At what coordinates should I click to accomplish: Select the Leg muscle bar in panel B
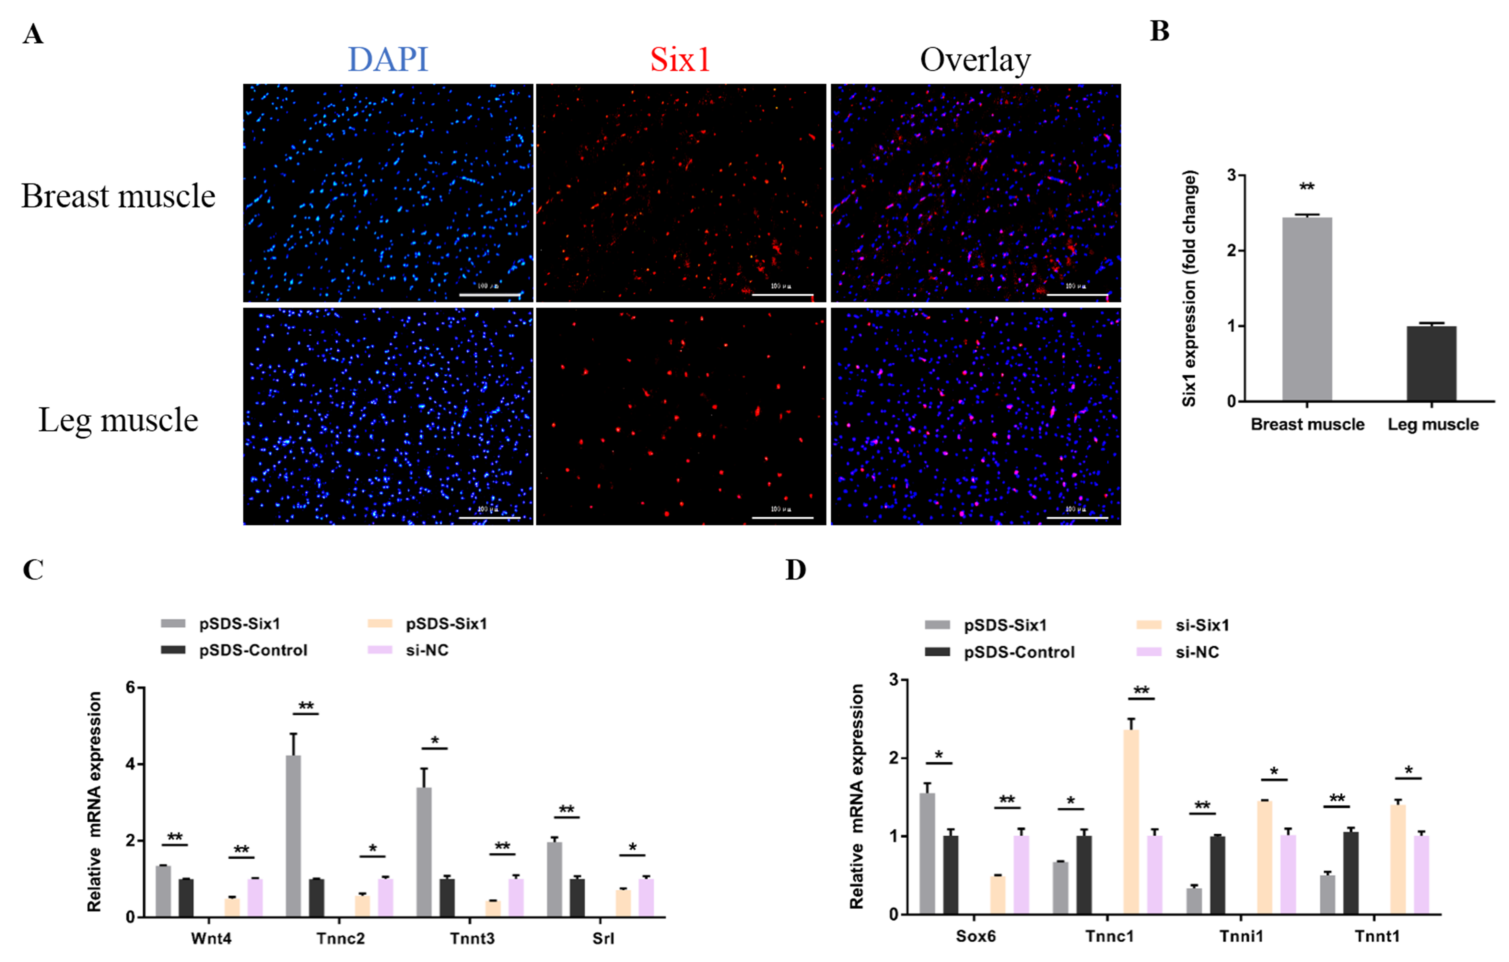point(1431,364)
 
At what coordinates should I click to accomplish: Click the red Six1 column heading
point(680,60)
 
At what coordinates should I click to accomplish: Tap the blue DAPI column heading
point(388,60)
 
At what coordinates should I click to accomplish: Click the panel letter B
point(1159,31)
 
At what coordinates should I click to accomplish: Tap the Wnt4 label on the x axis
point(211,938)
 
